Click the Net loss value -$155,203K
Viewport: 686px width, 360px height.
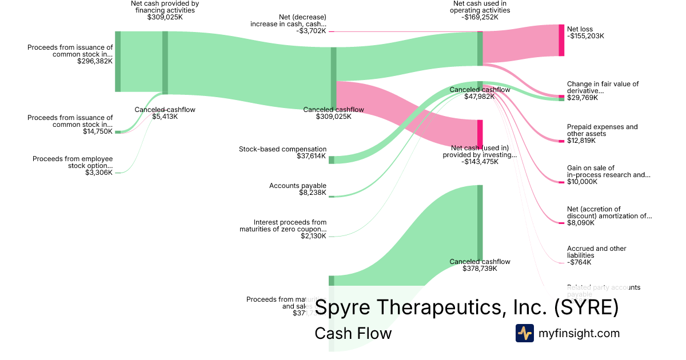pos(585,36)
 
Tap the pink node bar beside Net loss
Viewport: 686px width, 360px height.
pos(561,40)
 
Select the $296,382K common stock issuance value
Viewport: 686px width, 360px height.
pos(95,61)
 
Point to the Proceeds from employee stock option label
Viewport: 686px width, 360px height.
pos(73,162)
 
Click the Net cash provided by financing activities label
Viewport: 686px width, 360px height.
pos(165,6)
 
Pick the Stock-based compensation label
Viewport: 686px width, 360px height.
pos(282,149)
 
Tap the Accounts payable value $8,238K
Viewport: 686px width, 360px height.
pos(313,193)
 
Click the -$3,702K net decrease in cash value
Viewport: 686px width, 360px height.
pos(312,31)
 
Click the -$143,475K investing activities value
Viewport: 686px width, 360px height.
pos(480,162)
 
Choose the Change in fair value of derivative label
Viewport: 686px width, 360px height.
pos(603,87)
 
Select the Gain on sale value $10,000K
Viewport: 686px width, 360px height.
pos(582,182)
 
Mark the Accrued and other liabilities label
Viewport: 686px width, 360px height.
pos(596,252)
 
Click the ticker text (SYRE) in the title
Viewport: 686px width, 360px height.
pos(586,307)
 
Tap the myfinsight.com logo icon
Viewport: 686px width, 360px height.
pos(524,333)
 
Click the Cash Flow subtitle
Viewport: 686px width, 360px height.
pos(353,333)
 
